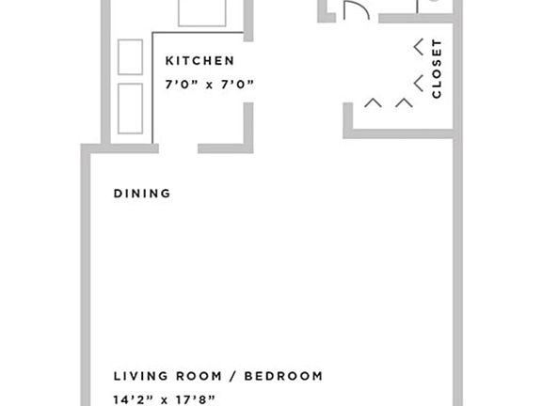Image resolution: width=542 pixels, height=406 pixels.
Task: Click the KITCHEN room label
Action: (x=199, y=61)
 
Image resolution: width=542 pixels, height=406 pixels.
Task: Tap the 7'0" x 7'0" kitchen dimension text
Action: (x=210, y=85)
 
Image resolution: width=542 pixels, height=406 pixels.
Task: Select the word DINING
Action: (x=142, y=194)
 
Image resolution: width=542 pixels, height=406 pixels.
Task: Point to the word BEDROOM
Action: (x=283, y=376)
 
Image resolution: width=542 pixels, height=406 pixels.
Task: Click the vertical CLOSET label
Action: (x=437, y=69)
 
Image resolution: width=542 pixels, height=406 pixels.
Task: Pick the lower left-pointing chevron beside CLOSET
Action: (x=418, y=81)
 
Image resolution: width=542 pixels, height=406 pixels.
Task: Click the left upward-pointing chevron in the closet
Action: (x=373, y=101)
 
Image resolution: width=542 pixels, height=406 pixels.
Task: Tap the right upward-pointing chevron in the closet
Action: (x=405, y=101)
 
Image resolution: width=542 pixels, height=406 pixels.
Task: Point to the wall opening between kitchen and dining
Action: (x=178, y=148)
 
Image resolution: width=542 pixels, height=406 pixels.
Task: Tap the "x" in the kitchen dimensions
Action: (x=210, y=85)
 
